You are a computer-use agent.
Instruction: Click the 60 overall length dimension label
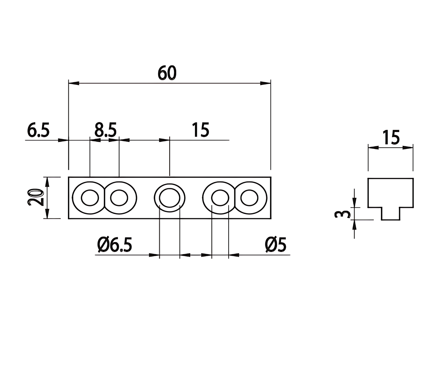(x=167, y=73)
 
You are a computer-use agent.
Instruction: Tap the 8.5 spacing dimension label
(x=105, y=130)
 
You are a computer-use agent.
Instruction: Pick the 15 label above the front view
(x=201, y=130)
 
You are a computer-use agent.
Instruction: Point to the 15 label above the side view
(x=391, y=137)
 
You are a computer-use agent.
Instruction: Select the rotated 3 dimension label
(x=342, y=214)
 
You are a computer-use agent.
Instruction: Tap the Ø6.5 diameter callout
(x=115, y=245)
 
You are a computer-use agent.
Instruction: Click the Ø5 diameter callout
(x=275, y=245)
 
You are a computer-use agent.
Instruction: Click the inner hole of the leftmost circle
(x=90, y=198)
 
